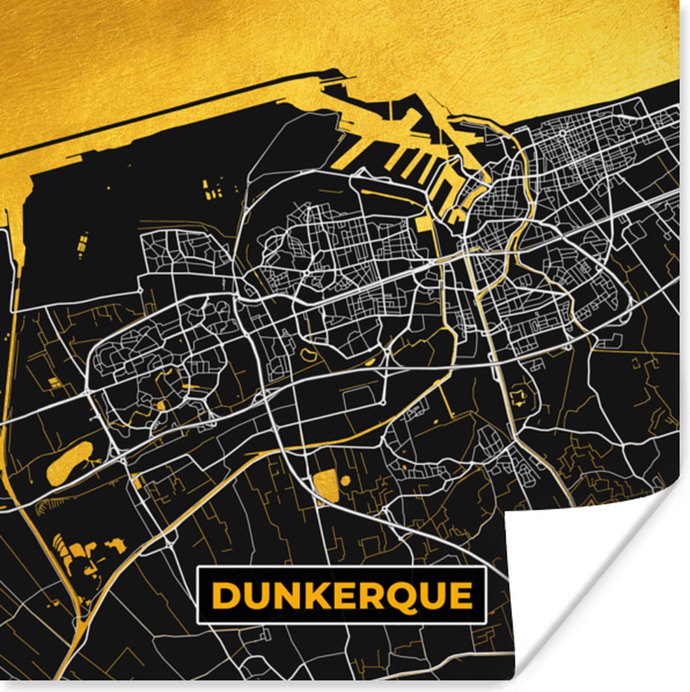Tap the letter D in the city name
pos(225,596)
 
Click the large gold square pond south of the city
pos(326,484)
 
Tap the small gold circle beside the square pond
pos(345,480)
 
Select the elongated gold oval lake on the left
pos(69,462)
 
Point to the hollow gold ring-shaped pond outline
pos(306,353)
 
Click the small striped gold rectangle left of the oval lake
pos(54,382)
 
